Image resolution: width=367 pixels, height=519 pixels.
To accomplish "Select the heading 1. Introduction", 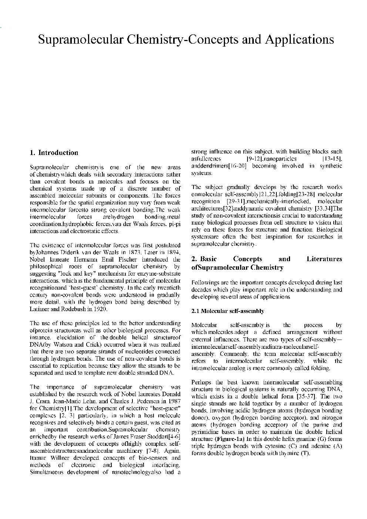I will tap(54, 153).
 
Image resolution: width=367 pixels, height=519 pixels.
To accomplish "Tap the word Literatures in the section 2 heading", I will tap(324, 259).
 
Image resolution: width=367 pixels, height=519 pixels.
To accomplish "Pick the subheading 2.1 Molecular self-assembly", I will tap(228, 311).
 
